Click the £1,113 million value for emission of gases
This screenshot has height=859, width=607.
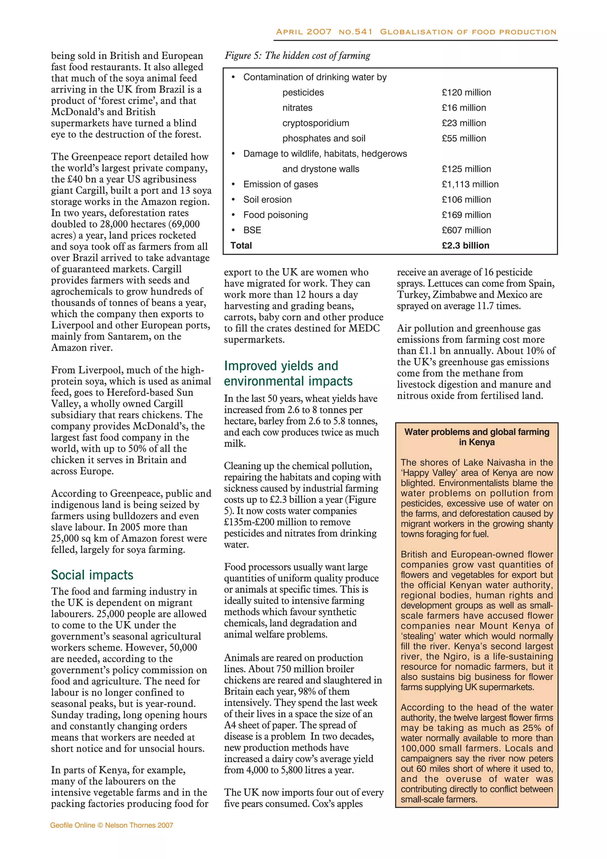coord(470,184)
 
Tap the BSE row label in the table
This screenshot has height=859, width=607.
coord(252,230)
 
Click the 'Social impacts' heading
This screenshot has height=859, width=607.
coord(92,575)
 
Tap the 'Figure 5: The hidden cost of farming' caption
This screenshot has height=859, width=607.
coord(297,56)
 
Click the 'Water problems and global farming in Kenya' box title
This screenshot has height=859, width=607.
coord(477,437)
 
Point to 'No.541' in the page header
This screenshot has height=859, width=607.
coord(355,32)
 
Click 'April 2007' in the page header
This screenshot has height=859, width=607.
coord(303,32)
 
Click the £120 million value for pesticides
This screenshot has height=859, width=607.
coord(466,93)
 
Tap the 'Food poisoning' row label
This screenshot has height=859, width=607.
coord(275,215)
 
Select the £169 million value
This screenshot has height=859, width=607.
coord(466,215)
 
